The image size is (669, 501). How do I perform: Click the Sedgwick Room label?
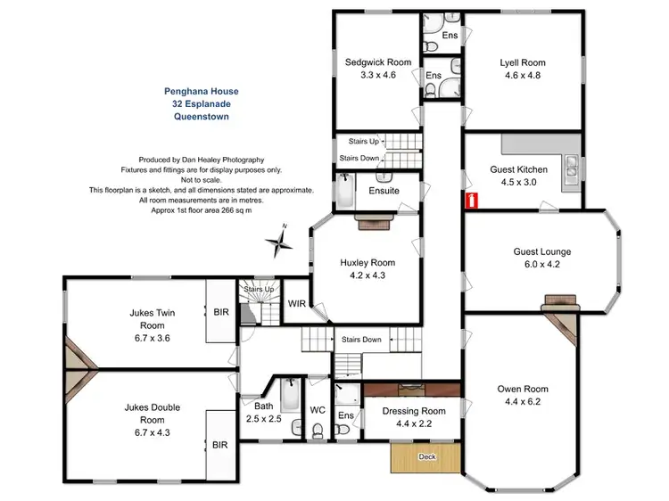(378, 62)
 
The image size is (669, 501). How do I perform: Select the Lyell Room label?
(522, 63)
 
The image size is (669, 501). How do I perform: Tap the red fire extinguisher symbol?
(470, 200)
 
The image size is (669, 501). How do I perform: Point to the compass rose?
(280, 241)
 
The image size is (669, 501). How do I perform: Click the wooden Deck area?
(426, 459)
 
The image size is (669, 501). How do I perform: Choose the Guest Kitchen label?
(518, 169)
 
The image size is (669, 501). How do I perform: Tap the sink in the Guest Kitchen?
(568, 165)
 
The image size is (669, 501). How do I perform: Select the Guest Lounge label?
(541, 252)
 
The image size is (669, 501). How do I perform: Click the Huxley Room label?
(367, 263)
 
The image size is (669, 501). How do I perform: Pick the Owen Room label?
(523, 390)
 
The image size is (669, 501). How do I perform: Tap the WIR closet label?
(297, 304)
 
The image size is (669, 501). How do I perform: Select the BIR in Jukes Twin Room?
(221, 312)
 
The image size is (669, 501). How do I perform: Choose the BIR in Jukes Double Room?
(219, 443)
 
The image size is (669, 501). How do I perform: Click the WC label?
(318, 411)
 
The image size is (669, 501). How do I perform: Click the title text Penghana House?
(202, 91)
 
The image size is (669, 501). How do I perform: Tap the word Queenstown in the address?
(202, 117)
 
